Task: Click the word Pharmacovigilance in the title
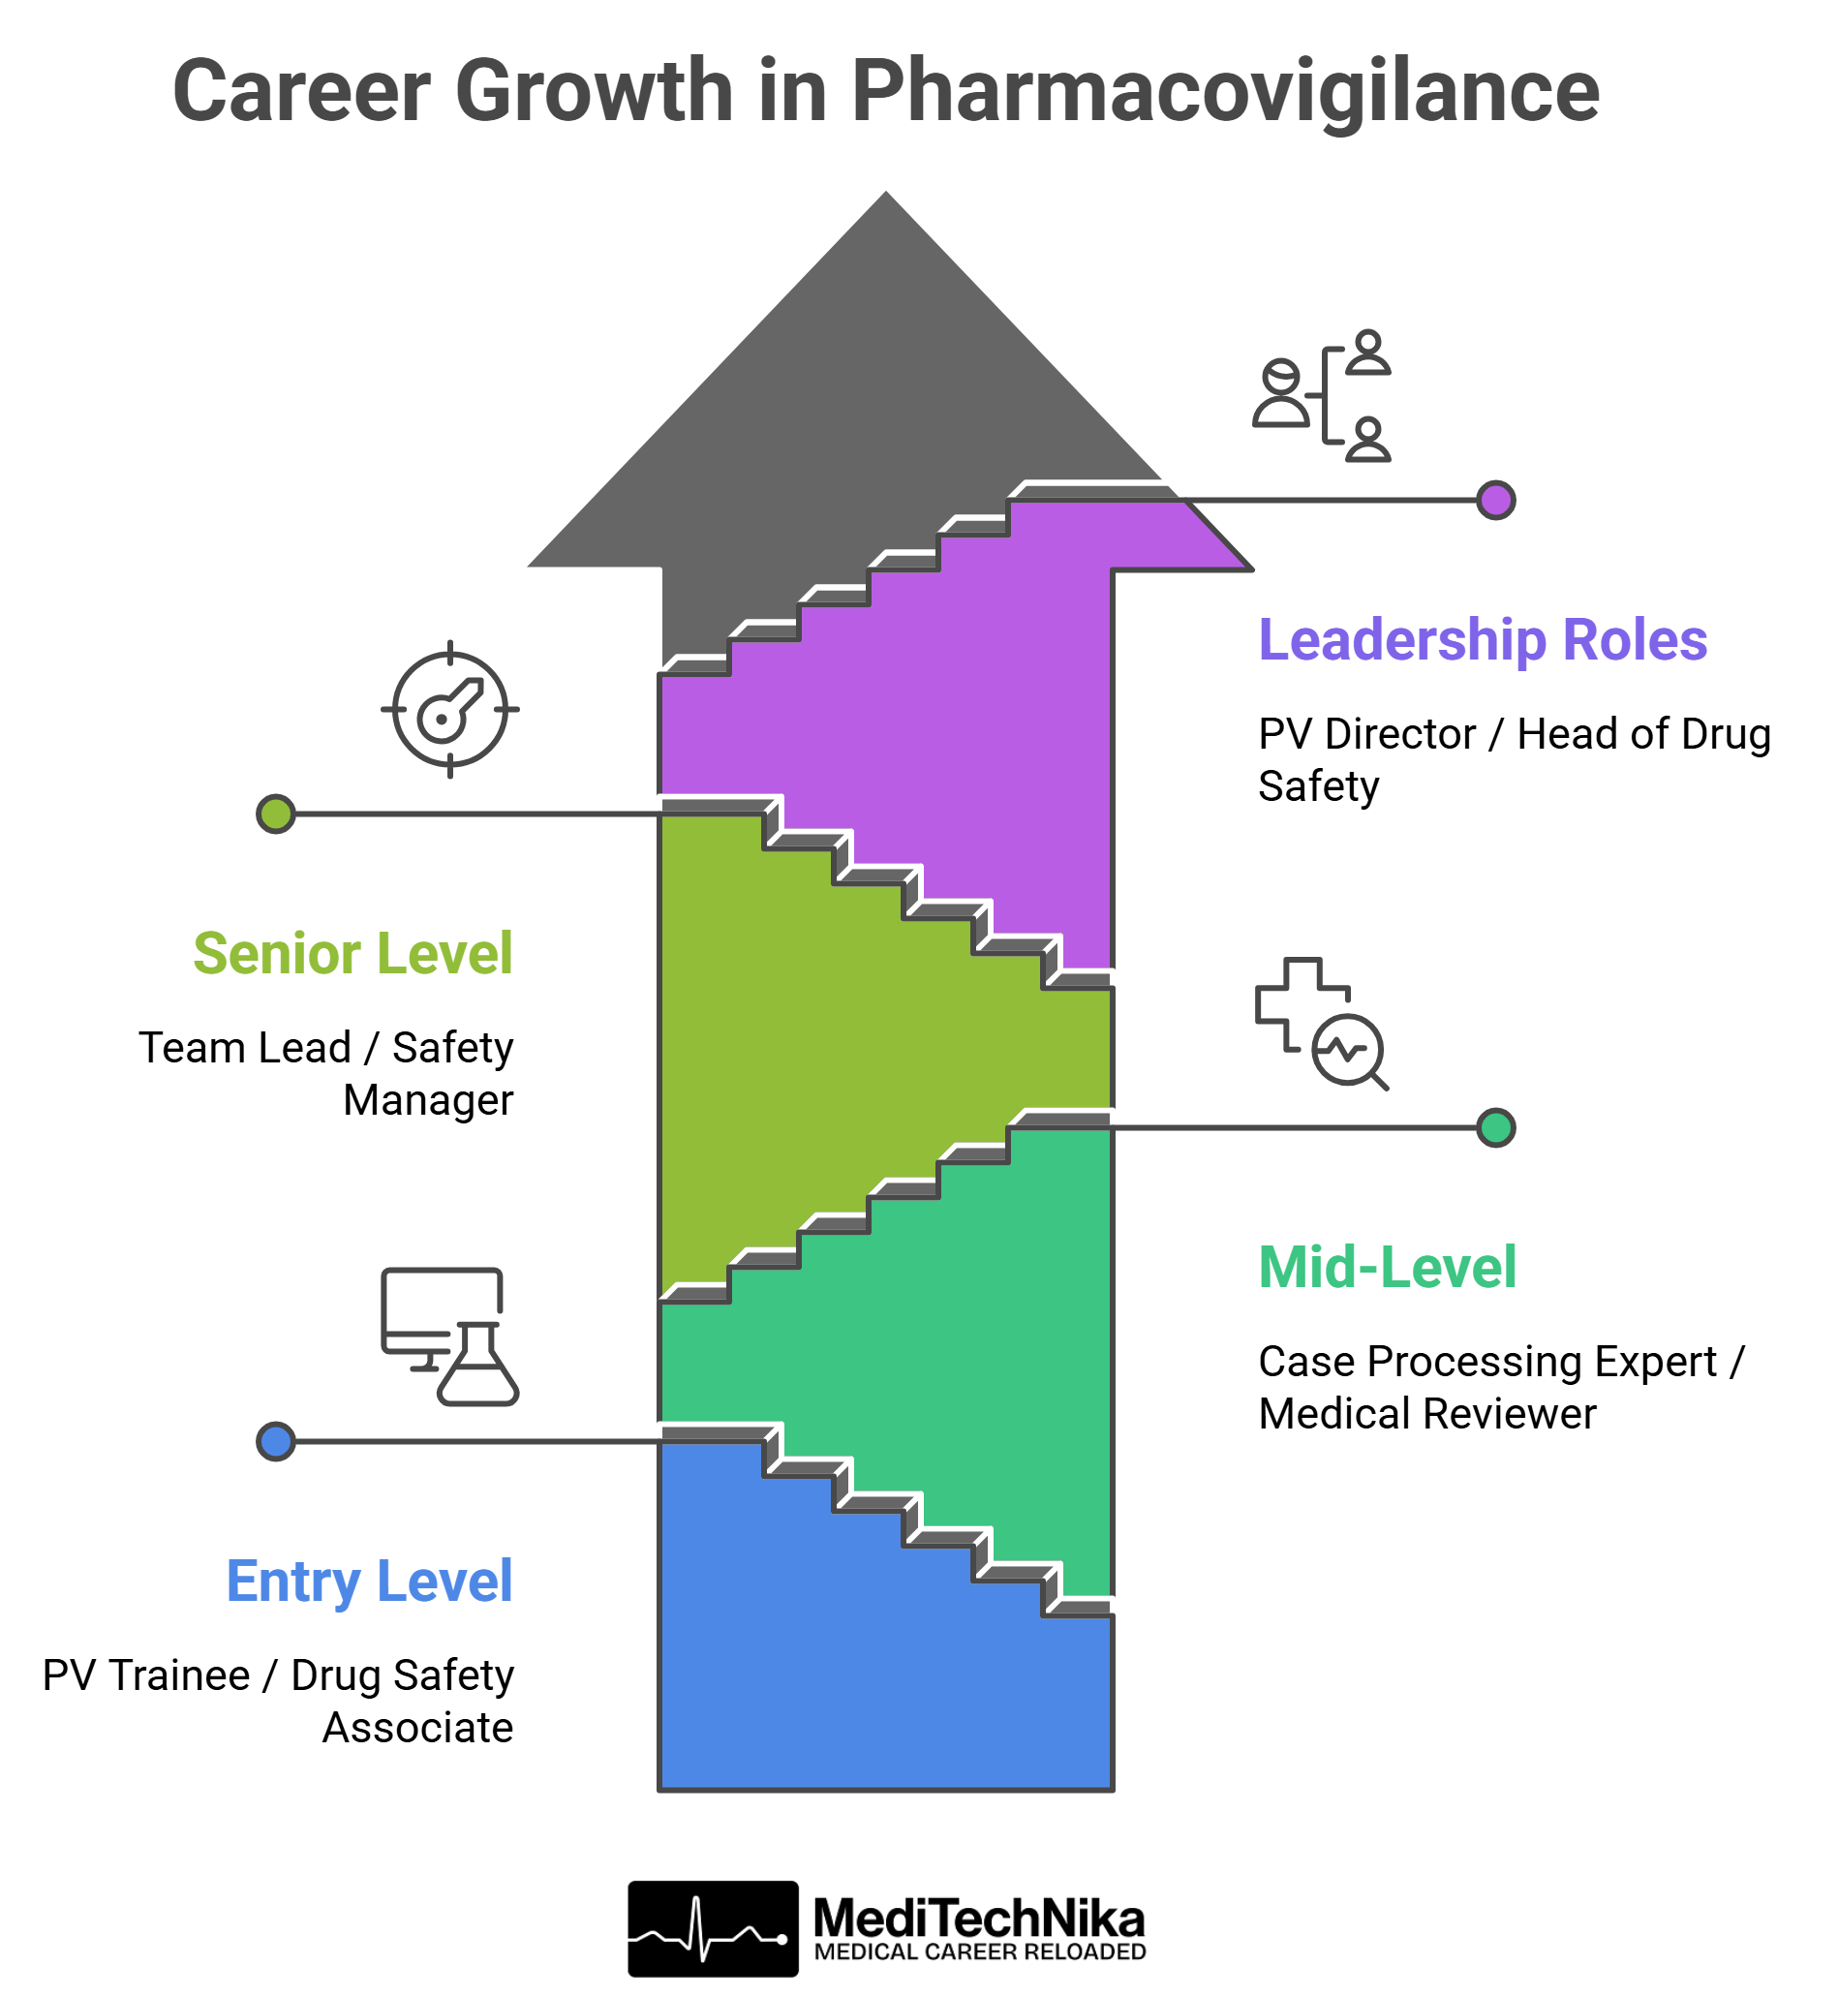click(x=1224, y=91)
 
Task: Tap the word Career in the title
click(x=301, y=91)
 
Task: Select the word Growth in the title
click(x=594, y=91)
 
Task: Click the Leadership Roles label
click(x=1482, y=639)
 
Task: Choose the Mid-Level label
click(x=1388, y=1267)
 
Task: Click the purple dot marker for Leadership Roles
click(x=1495, y=501)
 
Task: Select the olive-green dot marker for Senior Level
click(x=275, y=814)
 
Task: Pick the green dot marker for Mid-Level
click(x=1495, y=1127)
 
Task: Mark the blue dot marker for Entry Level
click(x=275, y=1441)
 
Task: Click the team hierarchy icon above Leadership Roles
click(x=1321, y=396)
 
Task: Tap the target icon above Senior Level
click(x=449, y=709)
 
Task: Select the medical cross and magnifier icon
click(x=1321, y=1024)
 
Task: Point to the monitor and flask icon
click(x=449, y=1336)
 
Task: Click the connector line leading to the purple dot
click(x=1333, y=501)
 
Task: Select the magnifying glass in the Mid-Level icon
click(x=1349, y=1051)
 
